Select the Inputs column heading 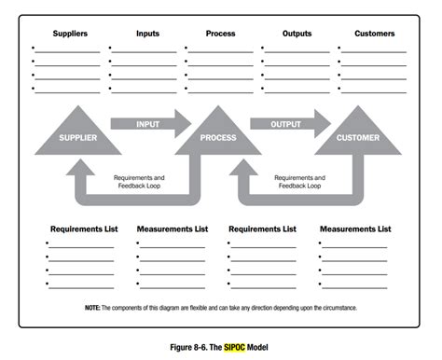coord(147,34)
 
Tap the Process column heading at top coord(220,34)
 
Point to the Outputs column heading coord(297,34)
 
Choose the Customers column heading coord(374,34)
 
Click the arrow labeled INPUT coord(147,123)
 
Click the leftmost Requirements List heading coord(83,228)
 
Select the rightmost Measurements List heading coord(356,228)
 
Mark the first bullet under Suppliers coord(33,49)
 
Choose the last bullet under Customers coord(338,89)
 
